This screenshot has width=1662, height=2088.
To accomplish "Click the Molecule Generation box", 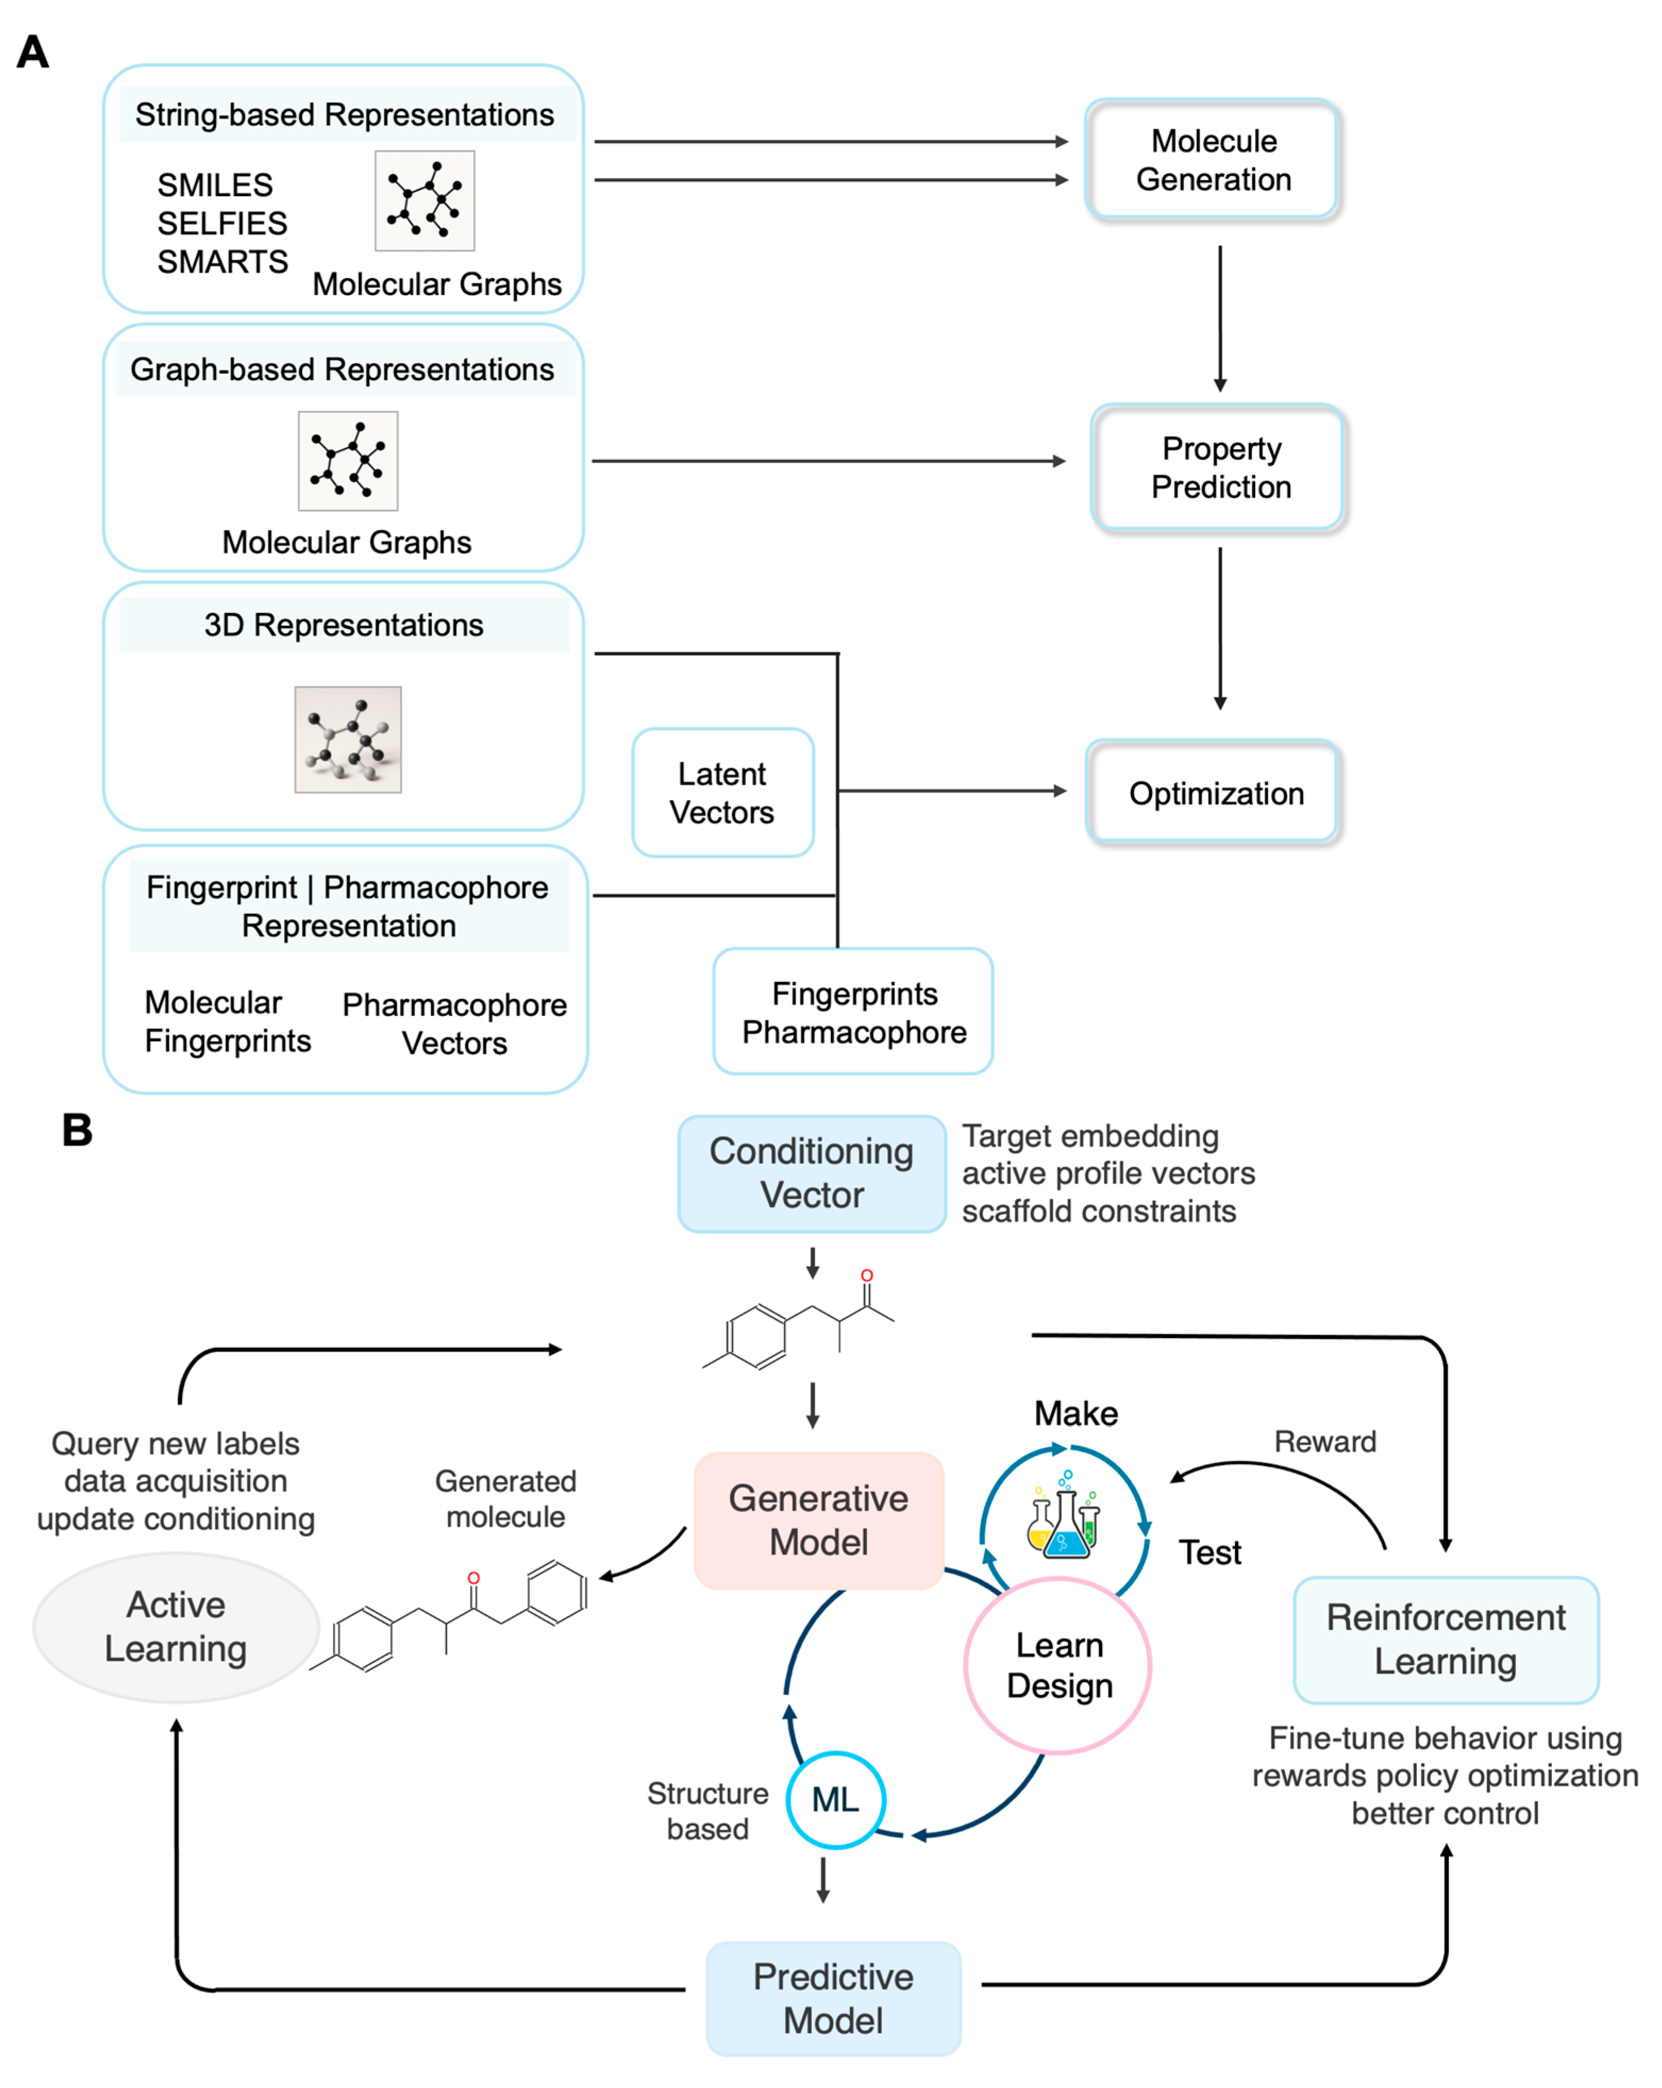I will pyautogui.click(x=1213, y=160).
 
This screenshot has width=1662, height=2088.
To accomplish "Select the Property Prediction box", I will pyautogui.click(x=1219, y=467).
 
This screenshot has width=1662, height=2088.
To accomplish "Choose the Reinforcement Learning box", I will pyautogui.click(x=1445, y=1639).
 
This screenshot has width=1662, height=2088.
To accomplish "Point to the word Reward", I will pyautogui.click(x=1324, y=1441).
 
